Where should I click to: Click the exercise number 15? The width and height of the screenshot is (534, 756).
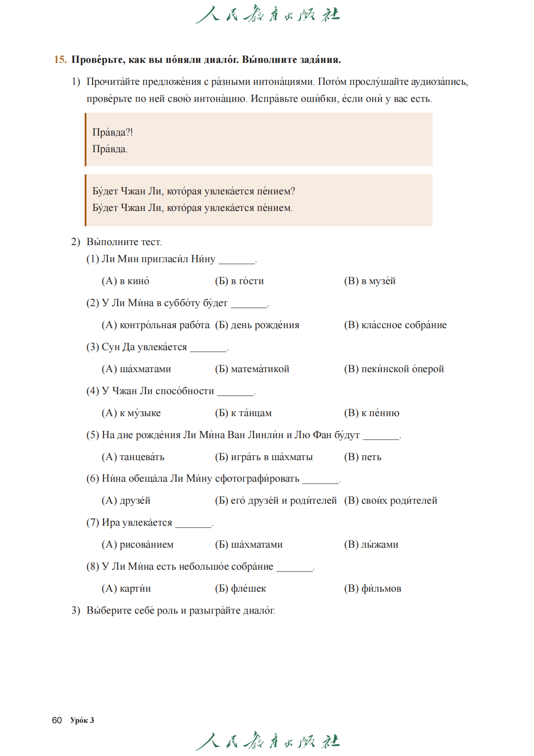point(60,60)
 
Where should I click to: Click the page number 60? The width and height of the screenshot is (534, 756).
point(57,720)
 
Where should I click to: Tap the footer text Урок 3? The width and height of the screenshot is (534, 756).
point(82,720)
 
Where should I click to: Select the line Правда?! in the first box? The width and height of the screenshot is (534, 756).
point(113,132)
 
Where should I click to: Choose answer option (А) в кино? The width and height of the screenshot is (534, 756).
point(126,281)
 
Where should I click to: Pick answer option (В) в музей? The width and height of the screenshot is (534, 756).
point(370,281)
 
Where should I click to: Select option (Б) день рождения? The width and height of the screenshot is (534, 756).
point(257,325)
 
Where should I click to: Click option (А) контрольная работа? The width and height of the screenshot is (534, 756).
point(156,325)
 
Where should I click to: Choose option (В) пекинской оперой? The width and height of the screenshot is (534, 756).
point(394,369)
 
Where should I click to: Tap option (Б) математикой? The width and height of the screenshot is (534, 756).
point(252,369)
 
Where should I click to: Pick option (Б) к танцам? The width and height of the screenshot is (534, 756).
point(243,413)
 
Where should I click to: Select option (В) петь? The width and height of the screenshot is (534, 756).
point(362,457)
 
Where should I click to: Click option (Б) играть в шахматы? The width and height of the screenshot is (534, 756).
point(264,457)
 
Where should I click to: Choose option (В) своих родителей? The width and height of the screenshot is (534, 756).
point(391,501)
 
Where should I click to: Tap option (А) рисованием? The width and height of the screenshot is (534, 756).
point(138,545)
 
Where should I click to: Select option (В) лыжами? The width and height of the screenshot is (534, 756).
point(371,545)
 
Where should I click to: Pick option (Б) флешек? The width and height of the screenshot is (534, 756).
point(240,589)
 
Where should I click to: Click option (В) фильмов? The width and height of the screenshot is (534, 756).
point(373,589)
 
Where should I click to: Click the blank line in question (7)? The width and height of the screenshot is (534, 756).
point(193,525)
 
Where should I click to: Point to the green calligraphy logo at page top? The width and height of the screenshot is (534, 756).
point(268,15)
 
